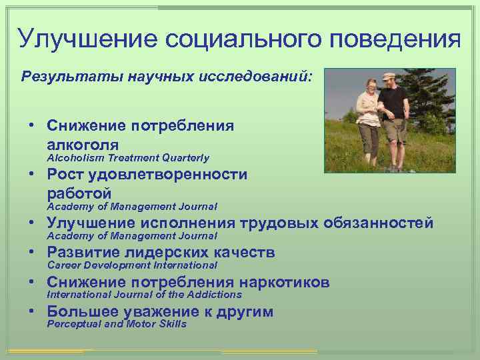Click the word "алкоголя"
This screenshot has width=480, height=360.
pos(83,143)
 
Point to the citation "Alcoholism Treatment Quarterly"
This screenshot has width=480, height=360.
pos(127,158)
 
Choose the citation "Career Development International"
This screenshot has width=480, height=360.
pos(131,265)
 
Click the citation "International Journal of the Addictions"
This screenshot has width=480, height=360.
pos(143,295)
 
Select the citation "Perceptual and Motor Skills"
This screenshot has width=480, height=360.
pos(116,324)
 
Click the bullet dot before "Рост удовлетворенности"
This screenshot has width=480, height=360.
pos(31,175)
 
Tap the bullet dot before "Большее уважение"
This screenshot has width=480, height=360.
pos(31,311)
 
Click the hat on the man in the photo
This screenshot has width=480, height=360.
pos(390,77)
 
